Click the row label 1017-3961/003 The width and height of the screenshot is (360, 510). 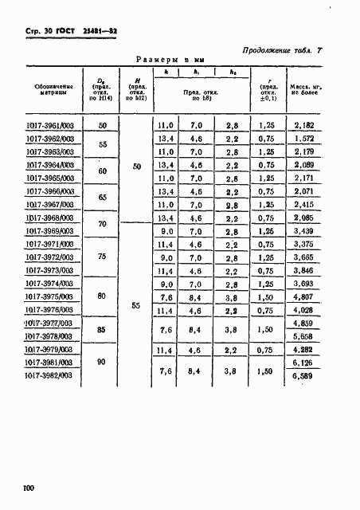(x=52, y=126)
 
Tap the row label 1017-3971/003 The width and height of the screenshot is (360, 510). (x=52, y=244)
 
